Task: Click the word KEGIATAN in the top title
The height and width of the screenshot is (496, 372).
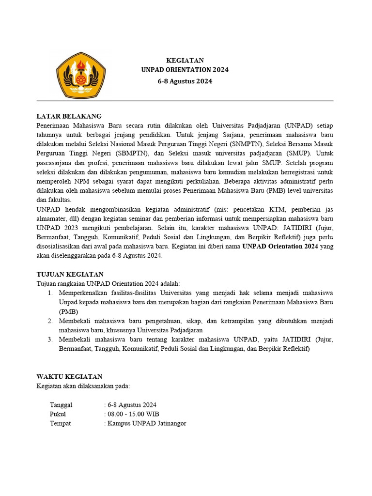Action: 185,61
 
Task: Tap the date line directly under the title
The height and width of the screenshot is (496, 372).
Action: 185,81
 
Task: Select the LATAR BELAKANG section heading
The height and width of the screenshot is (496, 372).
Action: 69,116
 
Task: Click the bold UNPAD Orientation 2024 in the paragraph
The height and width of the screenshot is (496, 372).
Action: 280,247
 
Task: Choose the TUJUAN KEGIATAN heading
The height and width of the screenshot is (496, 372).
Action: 70,274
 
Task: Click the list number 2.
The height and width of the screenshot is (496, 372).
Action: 50,321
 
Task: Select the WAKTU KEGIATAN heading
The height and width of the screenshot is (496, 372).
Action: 70,377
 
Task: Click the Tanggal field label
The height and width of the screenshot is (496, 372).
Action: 61,405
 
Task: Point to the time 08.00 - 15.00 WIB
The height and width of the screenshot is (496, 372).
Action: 133,414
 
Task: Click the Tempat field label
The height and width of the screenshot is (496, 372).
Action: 60,423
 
